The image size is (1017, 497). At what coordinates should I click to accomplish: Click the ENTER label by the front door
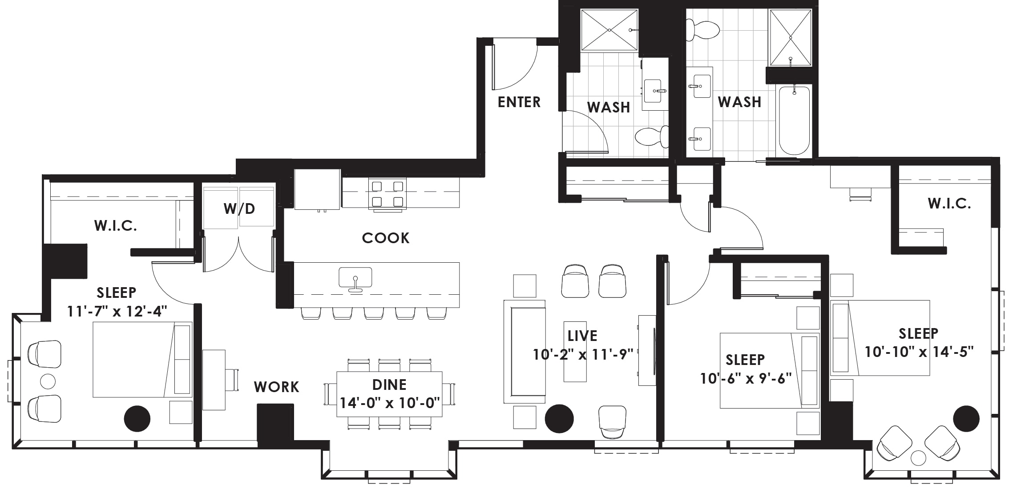click(519, 102)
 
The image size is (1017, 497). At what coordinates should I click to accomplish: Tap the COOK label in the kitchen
click(385, 238)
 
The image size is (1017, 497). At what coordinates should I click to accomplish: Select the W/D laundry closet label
click(239, 208)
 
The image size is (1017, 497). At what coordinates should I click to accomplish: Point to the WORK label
click(276, 387)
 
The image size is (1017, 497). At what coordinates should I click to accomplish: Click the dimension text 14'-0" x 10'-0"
click(390, 403)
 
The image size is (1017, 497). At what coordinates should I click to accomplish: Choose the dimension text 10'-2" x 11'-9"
click(583, 354)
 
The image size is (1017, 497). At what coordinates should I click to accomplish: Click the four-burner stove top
click(387, 193)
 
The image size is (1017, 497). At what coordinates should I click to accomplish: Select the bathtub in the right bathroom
click(794, 120)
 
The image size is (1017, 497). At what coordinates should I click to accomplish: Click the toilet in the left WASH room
click(652, 136)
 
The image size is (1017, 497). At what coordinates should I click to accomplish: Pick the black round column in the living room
click(559, 418)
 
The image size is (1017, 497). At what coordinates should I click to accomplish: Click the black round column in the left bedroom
click(137, 418)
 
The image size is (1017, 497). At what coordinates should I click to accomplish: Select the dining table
click(389, 394)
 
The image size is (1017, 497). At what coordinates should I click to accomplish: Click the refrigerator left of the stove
click(317, 189)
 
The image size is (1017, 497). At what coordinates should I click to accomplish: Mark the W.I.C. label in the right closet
click(949, 204)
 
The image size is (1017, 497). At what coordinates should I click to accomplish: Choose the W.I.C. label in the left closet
click(115, 226)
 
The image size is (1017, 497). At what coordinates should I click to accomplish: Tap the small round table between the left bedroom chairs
click(48, 381)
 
